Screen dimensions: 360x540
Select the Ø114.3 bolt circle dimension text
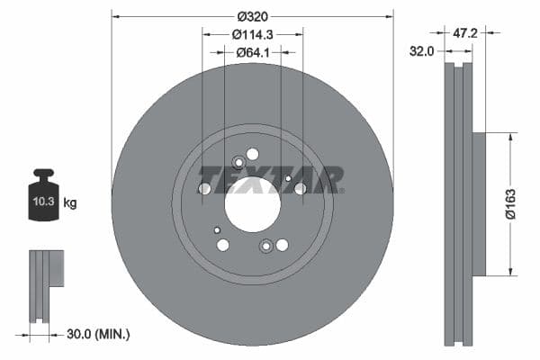point(253,34)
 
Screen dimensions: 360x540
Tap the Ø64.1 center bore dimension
point(255,52)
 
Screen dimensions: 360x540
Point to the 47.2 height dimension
point(464,32)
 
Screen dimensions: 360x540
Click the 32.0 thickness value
point(421,51)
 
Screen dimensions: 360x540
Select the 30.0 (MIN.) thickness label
point(98,334)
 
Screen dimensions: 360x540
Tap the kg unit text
point(70,203)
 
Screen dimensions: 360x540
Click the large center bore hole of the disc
point(253,204)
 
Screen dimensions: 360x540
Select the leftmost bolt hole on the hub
point(204,188)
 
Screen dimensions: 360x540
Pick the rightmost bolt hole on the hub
point(301,188)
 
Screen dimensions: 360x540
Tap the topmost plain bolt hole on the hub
point(253,154)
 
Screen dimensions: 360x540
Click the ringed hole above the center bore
point(238,163)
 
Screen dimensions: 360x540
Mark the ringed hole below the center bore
point(266,246)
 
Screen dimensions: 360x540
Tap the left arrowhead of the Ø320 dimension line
point(115,15)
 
